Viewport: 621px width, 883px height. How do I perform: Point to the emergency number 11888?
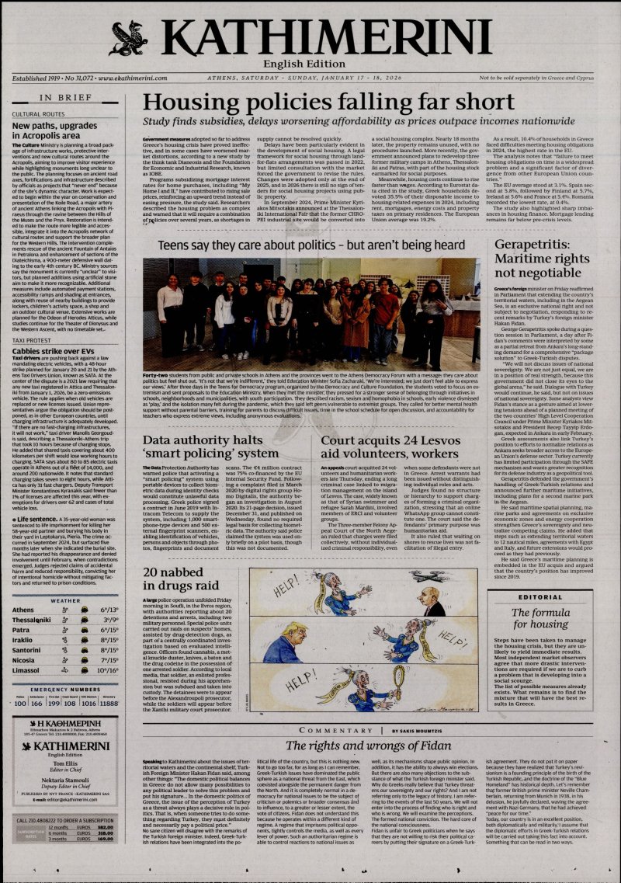pyautogui.click(x=109, y=704)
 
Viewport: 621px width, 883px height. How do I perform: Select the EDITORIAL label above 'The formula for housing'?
pyautogui.click(x=541, y=575)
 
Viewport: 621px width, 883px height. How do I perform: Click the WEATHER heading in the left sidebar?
pyautogui.click(x=65, y=600)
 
